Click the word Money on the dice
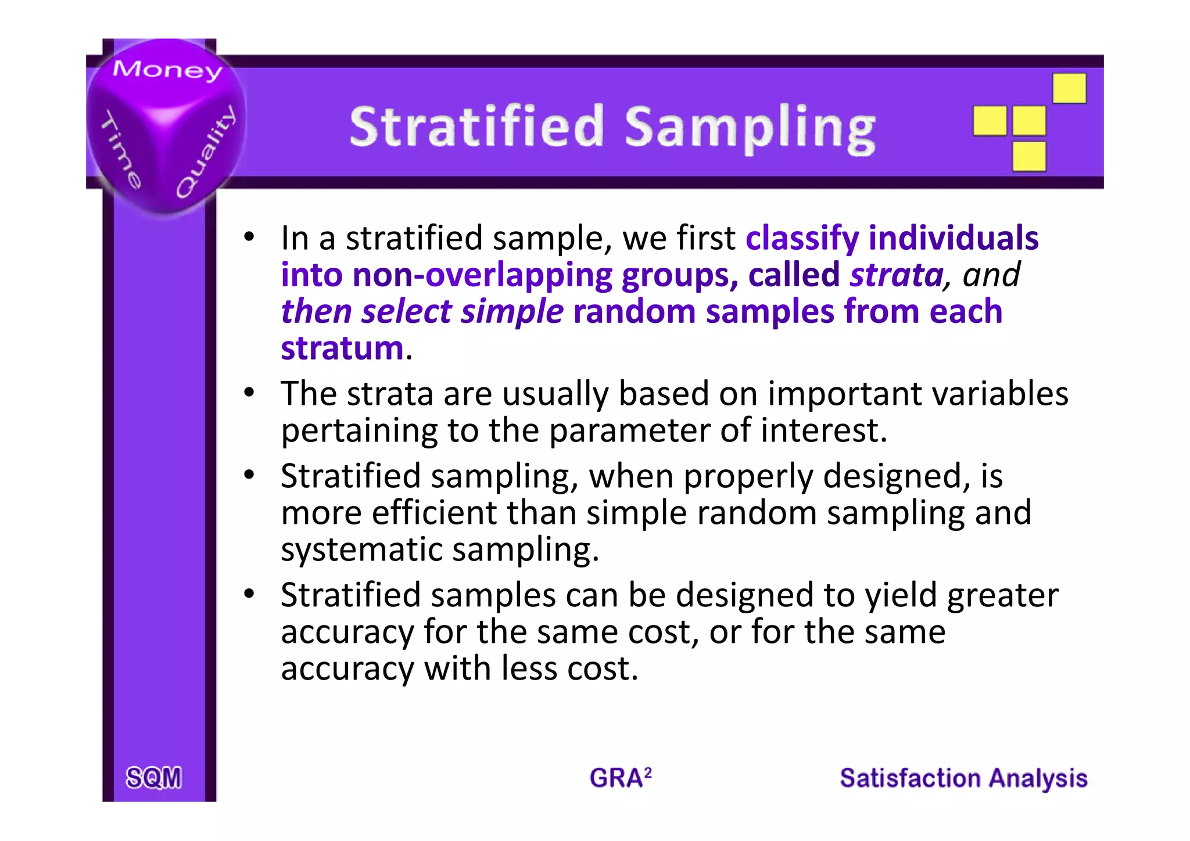click(x=167, y=70)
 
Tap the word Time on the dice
click(x=121, y=150)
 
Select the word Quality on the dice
click(x=207, y=152)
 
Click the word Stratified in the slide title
click(x=477, y=126)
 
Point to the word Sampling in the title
click(x=750, y=128)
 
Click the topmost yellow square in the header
click(x=1069, y=88)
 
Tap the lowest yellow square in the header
click(x=1029, y=156)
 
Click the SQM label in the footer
click(x=153, y=778)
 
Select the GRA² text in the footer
click(x=620, y=778)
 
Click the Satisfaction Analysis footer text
click(x=963, y=778)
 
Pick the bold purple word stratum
click(x=342, y=348)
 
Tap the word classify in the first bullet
click(x=802, y=238)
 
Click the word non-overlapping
click(x=482, y=275)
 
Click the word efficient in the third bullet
click(x=433, y=513)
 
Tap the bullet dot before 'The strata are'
click(x=249, y=393)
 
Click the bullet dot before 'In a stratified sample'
click(x=249, y=237)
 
